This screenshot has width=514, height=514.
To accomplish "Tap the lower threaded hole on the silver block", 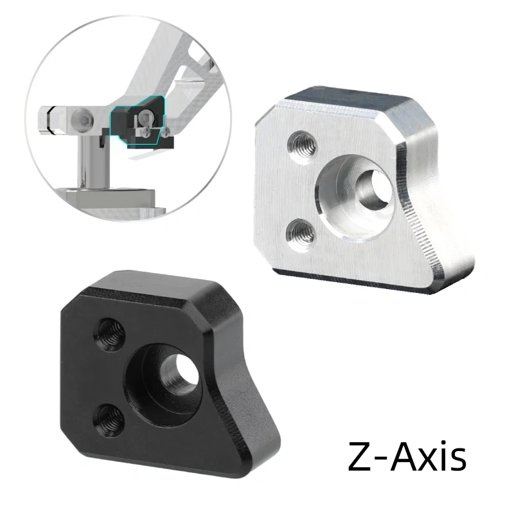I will (x=299, y=229).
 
